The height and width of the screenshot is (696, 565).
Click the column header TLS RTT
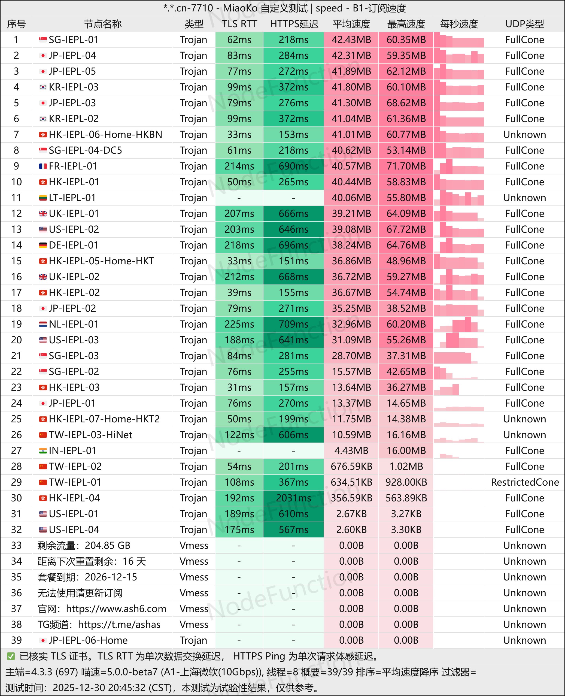pyautogui.click(x=239, y=24)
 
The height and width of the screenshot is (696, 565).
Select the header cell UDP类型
pyautogui.click(x=524, y=24)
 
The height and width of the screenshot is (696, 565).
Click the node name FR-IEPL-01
pyautogui.click(x=73, y=166)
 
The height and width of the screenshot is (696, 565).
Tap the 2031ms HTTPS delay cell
pyautogui.click(x=293, y=498)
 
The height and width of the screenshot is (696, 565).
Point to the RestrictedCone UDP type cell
pyautogui.click(x=525, y=482)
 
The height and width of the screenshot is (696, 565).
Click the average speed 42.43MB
pyautogui.click(x=351, y=40)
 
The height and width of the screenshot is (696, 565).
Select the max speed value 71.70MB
pyautogui.click(x=406, y=166)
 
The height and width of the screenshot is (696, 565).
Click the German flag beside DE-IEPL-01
pyautogui.click(x=43, y=245)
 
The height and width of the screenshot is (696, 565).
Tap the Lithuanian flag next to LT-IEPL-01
pyautogui.click(x=43, y=198)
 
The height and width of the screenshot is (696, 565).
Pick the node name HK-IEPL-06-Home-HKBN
pyautogui.click(x=105, y=134)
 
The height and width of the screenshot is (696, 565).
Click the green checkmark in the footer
pyautogui.click(x=11, y=656)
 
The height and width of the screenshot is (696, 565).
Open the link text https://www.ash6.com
pyautogui.click(x=116, y=609)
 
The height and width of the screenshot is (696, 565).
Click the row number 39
pyautogui.click(x=16, y=640)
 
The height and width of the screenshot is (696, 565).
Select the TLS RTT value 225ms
pyautogui.click(x=239, y=324)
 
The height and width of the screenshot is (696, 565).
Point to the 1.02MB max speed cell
pyautogui.click(x=406, y=467)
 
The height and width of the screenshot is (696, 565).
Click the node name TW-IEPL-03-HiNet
pyautogui.click(x=90, y=435)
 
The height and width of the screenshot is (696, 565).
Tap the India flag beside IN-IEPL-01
pyautogui.click(x=43, y=450)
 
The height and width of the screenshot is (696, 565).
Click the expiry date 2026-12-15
pyautogui.click(x=111, y=577)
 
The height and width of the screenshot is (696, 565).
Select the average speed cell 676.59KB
pyautogui.click(x=351, y=467)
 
